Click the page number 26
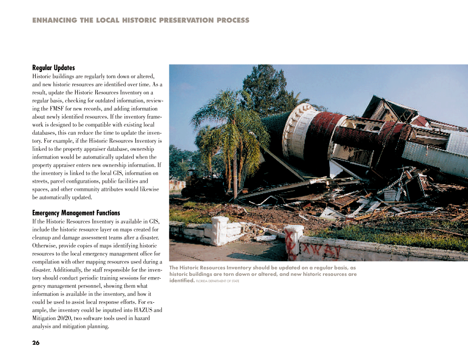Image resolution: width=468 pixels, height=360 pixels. pos(36,343)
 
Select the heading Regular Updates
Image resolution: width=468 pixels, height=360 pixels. pos(54,68)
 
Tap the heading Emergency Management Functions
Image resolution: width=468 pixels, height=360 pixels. pos(76,213)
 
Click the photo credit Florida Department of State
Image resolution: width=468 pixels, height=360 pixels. pos(218,281)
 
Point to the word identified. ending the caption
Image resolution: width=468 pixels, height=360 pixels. pos(182,281)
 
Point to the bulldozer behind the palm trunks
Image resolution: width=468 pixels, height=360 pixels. pos(200,183)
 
